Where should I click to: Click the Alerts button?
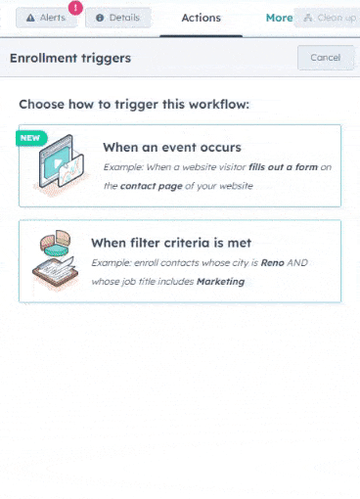(x=46, y=18)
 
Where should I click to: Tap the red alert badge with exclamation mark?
(x=75, y=7)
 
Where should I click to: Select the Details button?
(x=117, y=18)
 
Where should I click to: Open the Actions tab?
(x=201, y=18)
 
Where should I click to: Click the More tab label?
(x=279, y=18)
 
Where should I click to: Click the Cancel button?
(x=325, y=58)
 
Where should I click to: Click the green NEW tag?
(x=30, y=138)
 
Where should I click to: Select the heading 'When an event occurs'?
(x=172, y=148)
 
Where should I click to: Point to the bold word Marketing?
(x=220, y=281)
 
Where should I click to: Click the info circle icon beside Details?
(x=100, y=18)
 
